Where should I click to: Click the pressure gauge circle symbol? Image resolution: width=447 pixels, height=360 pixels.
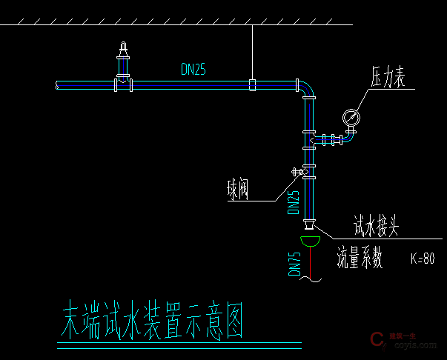[351, 116]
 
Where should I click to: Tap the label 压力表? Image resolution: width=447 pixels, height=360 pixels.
[389, 78]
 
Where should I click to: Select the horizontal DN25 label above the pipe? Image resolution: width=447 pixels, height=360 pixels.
[193, 70]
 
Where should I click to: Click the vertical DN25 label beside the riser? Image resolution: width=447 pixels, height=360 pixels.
[294, 201]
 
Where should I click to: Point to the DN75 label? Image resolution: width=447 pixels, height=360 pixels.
[294, 264]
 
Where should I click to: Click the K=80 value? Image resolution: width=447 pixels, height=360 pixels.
[422, 260]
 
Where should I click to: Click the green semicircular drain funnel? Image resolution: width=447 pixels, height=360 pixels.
[310, 240]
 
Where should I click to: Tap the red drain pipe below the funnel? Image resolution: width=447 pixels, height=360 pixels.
[310, 263]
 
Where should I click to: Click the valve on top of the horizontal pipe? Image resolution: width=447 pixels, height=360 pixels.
[122, 63]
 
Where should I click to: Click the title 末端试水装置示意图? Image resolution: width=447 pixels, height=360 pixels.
[151, 319]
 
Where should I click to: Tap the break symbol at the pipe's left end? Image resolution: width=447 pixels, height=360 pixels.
[58, 86]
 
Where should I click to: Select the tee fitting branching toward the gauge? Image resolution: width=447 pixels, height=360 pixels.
[310, 139]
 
